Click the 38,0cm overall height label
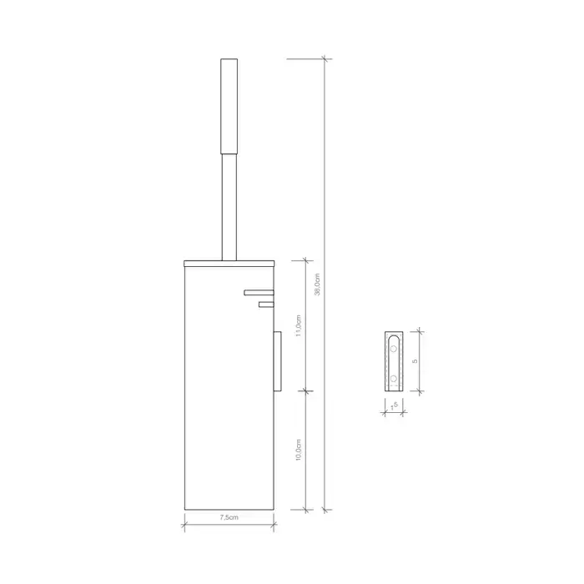(x=317, y=284)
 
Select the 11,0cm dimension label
(x=299, y=326)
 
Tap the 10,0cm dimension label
(x=299, y=450)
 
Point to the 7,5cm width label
(x=229, y=517)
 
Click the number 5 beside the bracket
(x=415, y=361)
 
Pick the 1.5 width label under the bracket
(x=394, y=406)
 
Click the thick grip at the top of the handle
(x=229, y=106)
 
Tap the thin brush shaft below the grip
(x=229, y=207)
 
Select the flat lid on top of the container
(x=229, y=264)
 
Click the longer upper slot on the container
(x=259, y=292)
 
